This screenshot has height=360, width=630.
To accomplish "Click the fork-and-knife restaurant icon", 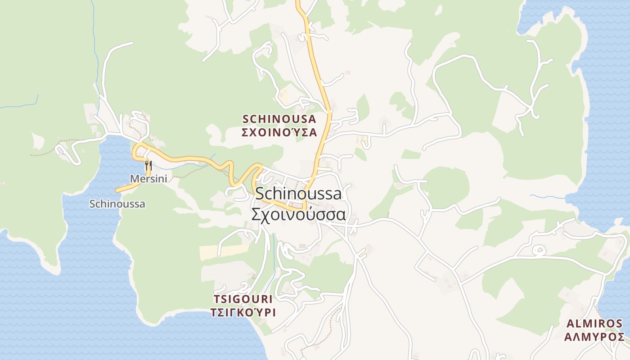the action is pos(148,165).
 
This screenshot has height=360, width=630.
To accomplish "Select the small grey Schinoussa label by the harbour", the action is pos(117,204).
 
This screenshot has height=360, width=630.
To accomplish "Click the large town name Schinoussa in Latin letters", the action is pos(298,193).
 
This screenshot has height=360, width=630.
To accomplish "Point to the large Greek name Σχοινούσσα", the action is pos(298,214).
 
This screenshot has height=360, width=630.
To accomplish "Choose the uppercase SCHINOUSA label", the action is pos(279,119).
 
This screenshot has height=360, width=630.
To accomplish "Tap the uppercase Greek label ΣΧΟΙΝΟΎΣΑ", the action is pos(279,133).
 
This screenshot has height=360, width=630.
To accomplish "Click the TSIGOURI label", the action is pos(243,299).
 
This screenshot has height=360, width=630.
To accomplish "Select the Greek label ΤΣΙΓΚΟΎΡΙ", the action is pos(243,312).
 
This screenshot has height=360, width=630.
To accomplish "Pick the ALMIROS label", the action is pos(594,324).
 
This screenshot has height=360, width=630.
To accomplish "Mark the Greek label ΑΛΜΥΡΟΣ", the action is pos(594,337).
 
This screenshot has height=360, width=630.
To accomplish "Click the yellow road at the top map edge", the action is pos(298,2).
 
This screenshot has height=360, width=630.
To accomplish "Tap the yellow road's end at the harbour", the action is pos(117,190).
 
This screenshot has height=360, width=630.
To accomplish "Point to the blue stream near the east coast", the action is pos(547,197).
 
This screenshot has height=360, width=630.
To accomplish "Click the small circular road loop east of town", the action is pos(537,249).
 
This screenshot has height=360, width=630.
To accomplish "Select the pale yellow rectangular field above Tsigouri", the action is pos(223,252).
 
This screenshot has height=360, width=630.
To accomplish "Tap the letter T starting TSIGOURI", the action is pos(216,299).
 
